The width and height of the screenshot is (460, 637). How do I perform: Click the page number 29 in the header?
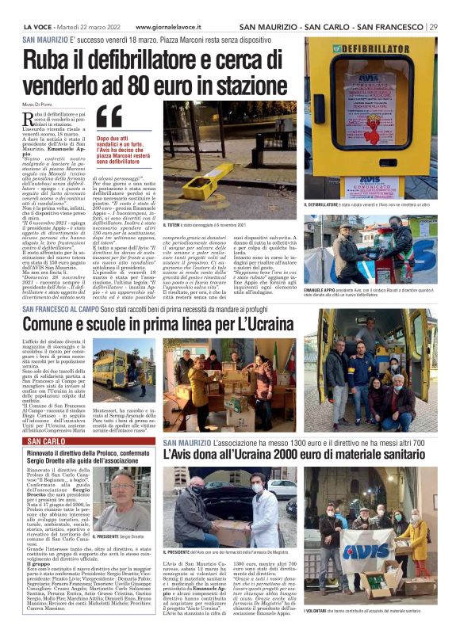(433, 27)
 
